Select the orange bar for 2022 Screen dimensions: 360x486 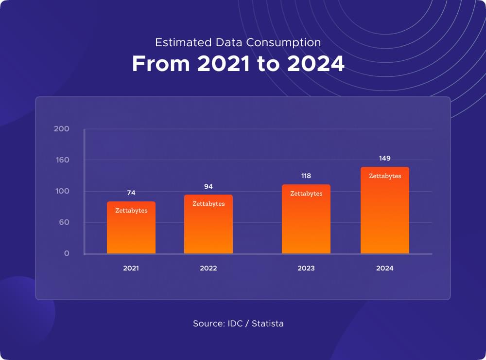(208, 224)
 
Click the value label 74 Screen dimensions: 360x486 (131, 193)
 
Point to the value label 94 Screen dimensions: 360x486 (208, 186)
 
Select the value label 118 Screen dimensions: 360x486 (306, 176)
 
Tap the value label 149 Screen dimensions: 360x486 (385, 158)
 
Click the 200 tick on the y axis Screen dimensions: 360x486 (62, 129)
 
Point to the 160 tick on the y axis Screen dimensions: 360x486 (62, 160)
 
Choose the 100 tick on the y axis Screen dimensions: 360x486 (62, 191)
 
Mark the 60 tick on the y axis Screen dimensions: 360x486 (64, 222)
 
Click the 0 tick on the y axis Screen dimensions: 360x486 (67, 253)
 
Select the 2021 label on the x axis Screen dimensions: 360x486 (131, 268)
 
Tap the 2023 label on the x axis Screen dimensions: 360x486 (306, 268)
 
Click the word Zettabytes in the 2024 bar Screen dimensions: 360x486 (385, 176)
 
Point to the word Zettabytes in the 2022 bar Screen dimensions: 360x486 (208, 204)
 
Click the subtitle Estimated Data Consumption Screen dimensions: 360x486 (238, 42)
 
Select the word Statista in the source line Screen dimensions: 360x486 (267, 324)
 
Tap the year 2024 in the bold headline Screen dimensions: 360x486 (315, 64)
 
